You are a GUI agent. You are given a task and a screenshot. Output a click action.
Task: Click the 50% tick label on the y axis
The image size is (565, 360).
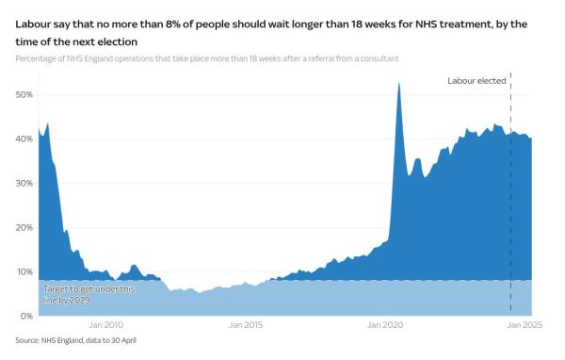tap(24, 95)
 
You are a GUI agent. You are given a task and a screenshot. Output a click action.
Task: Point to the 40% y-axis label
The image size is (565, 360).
tap(24, 139)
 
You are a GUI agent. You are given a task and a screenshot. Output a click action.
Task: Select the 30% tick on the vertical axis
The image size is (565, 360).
tap(24, 184)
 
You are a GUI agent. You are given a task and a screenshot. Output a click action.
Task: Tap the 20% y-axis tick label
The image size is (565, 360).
tap(24, 228)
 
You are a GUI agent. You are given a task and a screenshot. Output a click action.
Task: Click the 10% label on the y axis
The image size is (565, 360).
tap(24, 272)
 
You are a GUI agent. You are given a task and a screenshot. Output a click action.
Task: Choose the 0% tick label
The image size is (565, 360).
tap(27, 316)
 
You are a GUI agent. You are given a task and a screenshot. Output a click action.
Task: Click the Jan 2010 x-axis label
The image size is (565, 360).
tap(108, 325)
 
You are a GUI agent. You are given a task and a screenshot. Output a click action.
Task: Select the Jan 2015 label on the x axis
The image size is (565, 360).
tap(246, 325)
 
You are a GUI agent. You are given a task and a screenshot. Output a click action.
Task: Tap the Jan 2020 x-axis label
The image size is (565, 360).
tap(384, 325)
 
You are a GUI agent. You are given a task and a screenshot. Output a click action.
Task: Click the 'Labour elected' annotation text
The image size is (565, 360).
tap(476, 81)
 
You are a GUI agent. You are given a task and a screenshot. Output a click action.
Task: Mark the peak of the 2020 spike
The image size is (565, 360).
tap(399, 84)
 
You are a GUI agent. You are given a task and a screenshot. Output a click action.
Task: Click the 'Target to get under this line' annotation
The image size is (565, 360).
tap(75, 289)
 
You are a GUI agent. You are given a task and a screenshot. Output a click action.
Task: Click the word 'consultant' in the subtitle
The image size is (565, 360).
tap(377, 58)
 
